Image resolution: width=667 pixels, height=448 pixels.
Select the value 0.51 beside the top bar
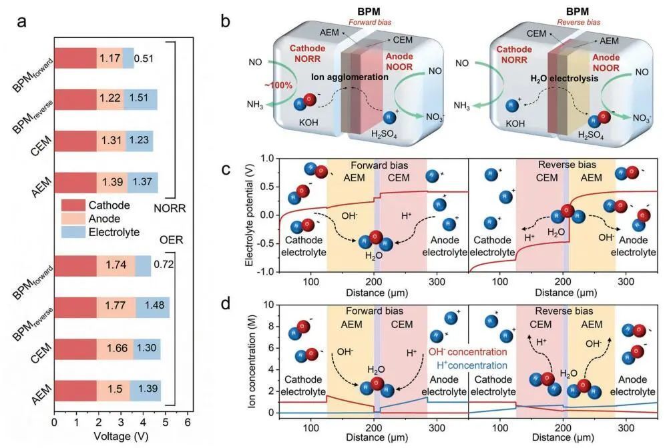pyautogui.click(x=144, y=59)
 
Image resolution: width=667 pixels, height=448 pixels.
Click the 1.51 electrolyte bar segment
pyautogui.click(x=140, y=99)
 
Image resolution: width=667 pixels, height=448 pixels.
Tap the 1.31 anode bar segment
pyautogui.click(x=111, y=141)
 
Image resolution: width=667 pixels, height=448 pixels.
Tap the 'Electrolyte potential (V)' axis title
pyautogui.click(x=250, y=215)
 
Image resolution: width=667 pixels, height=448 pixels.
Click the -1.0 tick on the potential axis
pyautogui.click(x=268, y=271)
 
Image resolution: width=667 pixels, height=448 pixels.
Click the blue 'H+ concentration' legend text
pyautogui.click(x=471, y=366)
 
